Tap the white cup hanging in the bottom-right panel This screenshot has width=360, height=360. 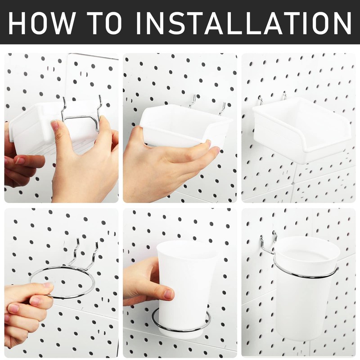pyautogui.click(x=306, y=288)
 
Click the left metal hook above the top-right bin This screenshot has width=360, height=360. pyautogui.click(x=261, y=99)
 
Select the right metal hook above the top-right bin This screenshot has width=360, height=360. pyautogui.click(x=284, y=95)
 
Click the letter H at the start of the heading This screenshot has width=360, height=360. pyautogui.click(x=19, y=23)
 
